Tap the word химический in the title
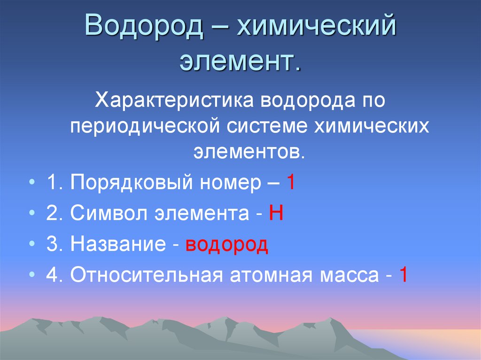point(316,27)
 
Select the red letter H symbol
point(275,214)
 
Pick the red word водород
point(227,245)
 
